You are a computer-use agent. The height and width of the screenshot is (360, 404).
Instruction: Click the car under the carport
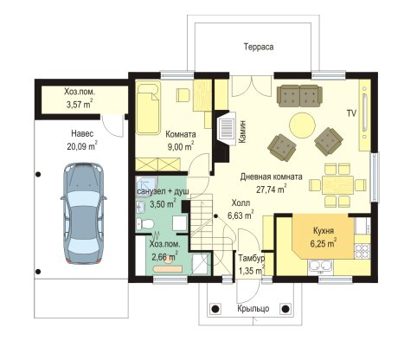tap(84, 214)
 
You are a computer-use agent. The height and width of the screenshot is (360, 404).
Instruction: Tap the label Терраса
tap(259, 47)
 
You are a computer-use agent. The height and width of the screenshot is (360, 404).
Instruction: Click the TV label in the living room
tap(351, 113)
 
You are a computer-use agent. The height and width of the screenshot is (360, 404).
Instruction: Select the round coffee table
tap(302, 125)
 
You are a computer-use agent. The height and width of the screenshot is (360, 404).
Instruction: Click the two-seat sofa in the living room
tap(299, 96)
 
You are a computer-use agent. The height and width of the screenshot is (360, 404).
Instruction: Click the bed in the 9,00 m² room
tap(148, 107)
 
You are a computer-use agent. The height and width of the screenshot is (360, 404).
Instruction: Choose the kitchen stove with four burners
tap(362, 251)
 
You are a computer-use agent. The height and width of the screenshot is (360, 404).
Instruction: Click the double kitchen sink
tap(321, 267)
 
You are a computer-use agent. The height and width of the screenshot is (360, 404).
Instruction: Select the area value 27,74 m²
tap(272, 189)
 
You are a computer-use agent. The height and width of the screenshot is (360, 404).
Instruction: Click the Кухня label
tap(324, 231)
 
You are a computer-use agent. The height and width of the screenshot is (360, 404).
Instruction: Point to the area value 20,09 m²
tap(82, 146)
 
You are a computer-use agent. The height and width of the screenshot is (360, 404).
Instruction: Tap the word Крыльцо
tap(253, 308)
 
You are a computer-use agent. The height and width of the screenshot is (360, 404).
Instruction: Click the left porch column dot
tap(215, 309)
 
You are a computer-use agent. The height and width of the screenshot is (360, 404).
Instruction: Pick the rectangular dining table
tap(338, 185)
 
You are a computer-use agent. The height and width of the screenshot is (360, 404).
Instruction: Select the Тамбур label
tap(251, 259)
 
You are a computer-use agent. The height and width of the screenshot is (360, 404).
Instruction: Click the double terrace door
tap(252, 86)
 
